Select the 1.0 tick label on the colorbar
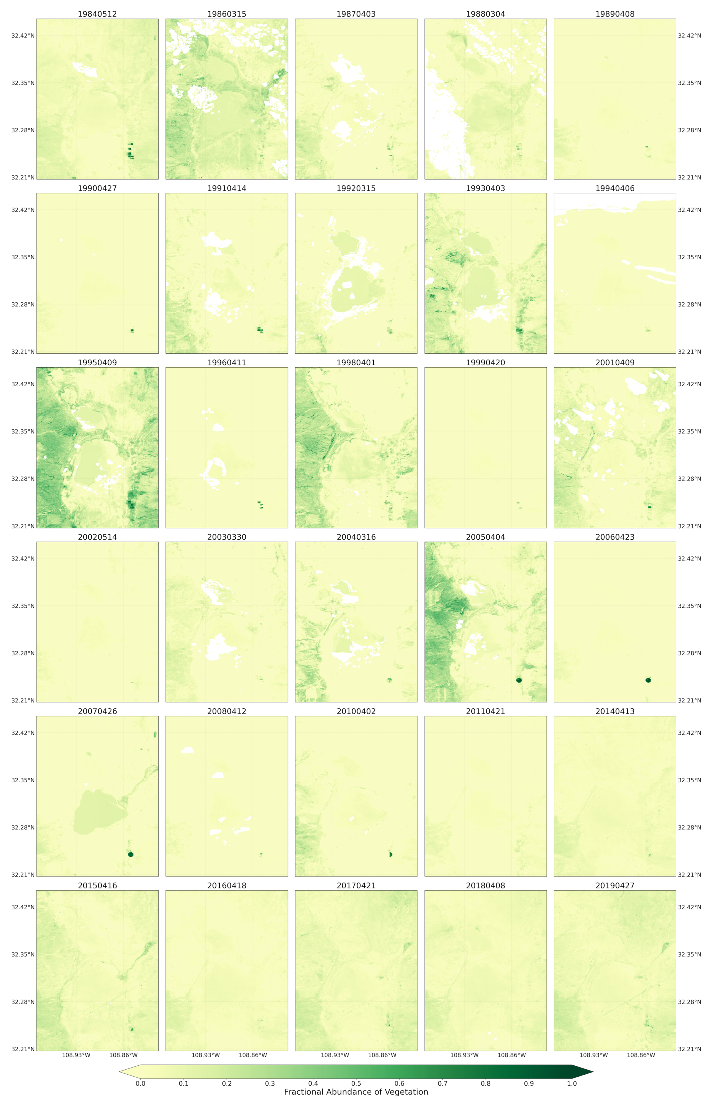click(572, 1084)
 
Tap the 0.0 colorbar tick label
click(140, 1084)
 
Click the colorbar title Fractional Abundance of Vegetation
click(356, 1092)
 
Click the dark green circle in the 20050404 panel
click(519, 680)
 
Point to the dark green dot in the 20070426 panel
click(131, 855)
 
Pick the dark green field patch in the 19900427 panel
click(132, 331)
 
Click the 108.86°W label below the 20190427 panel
click(641, 1055)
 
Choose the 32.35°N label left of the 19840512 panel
click(23, 83)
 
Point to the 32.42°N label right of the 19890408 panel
click(689, 36)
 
